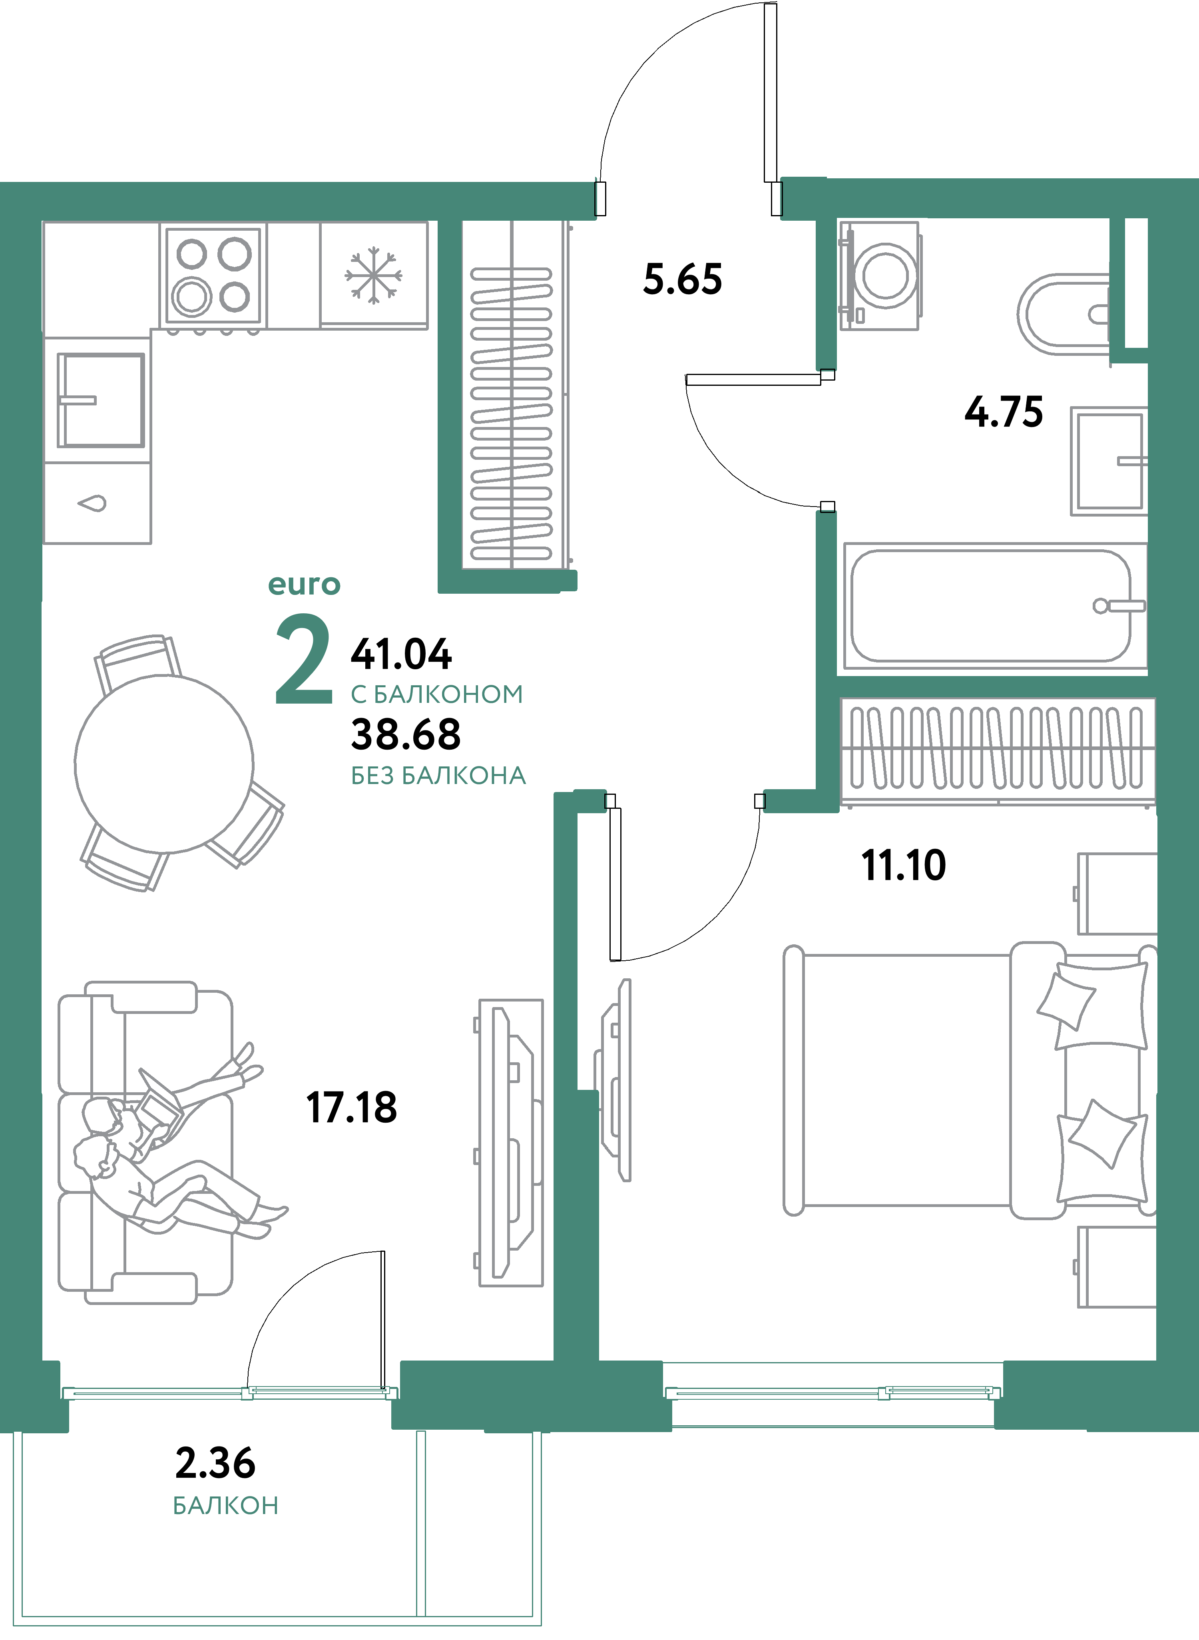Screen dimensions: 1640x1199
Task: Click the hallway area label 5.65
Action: pyautogui.click(x=682, y=279)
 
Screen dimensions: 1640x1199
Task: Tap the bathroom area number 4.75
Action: pyautogui.click(x=1004, y=412)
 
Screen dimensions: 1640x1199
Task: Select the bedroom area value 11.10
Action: pyautogui.click(x=904, y=865)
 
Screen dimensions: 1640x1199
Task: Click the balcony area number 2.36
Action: pyautogui.click(x=215, y=1463)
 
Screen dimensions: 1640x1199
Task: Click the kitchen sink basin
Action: pyautogui.click(x=101, y=400)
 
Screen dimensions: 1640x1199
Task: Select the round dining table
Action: pyautogui.click(x=164, y=764)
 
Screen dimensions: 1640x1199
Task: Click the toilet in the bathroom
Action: pyautogui.click(x=1063, y=313)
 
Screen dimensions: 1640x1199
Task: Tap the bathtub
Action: pyautogui.click(x=992, y=605)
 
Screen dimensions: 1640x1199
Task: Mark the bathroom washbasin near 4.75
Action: pyautogui.click(x=1109, y=461)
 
